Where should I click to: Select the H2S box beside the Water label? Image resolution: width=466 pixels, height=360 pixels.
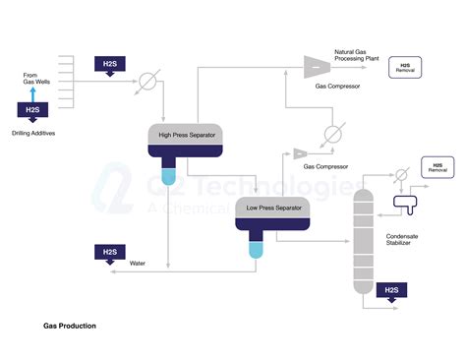tap(108, 254)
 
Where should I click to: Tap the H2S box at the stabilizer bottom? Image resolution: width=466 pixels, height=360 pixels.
tap(391, 289)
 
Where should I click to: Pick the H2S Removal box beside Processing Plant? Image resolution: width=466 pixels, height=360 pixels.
tap(404, 67)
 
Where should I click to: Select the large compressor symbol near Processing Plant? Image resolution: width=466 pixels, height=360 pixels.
tap(316, 65)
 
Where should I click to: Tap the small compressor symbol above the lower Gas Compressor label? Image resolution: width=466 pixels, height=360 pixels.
tap(299, 153)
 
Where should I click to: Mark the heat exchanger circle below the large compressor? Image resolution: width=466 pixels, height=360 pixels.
tap(334, 132)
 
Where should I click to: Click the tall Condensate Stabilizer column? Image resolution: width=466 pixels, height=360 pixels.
tap(364, 236)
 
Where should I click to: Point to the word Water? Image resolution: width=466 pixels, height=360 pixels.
tap(138, 264)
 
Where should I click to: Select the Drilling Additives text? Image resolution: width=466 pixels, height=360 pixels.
tap(34, 131)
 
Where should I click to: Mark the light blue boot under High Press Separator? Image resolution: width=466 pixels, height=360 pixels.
tap(167, 177)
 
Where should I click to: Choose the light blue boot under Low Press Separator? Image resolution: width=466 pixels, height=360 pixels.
tap(256, 250)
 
